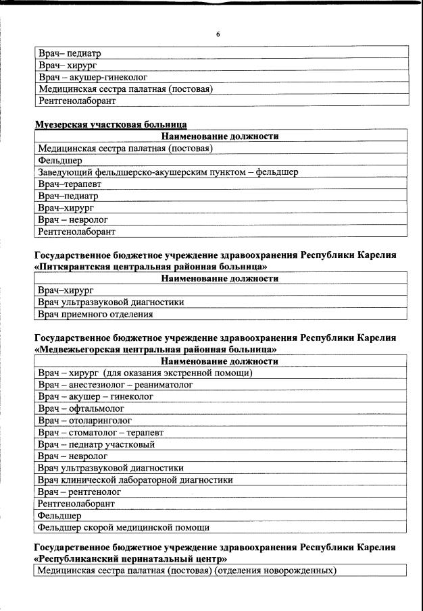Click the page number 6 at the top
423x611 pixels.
pos(218,33)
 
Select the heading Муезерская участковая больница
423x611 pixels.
pos(111,124)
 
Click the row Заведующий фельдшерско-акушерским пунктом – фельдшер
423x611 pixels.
pos(168,172)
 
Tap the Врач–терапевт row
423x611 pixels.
pos(66,184)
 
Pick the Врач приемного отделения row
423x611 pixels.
pos(95,314)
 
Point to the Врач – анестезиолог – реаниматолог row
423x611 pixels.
pos(116,385)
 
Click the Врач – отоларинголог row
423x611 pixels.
pos(84,420)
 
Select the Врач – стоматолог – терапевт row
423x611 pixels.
pos(101,432)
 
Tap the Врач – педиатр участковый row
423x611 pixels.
pos(97,444)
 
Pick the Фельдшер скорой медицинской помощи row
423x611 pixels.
pos(124,527)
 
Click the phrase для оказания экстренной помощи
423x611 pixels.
pos(176,373)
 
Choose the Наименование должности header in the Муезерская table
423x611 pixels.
pos(220,136)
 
